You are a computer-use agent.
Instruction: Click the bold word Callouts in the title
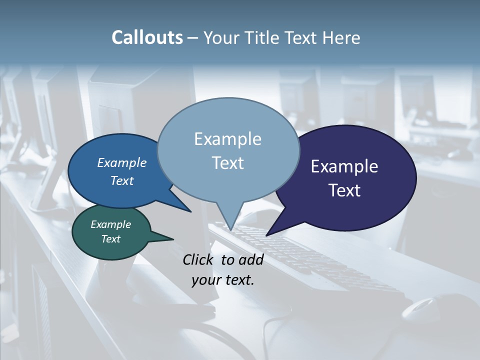[147, 37]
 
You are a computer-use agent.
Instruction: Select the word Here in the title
[339, 37]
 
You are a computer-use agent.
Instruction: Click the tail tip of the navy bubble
[267, 235]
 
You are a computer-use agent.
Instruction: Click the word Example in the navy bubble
[344, 166]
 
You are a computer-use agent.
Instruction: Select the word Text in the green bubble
[111, 239]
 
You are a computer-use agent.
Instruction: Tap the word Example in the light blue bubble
[227, 139]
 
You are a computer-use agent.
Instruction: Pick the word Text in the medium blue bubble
[122, 181]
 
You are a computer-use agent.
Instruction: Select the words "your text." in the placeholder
[223, 280]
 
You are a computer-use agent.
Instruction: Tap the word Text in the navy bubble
[345, 190]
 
